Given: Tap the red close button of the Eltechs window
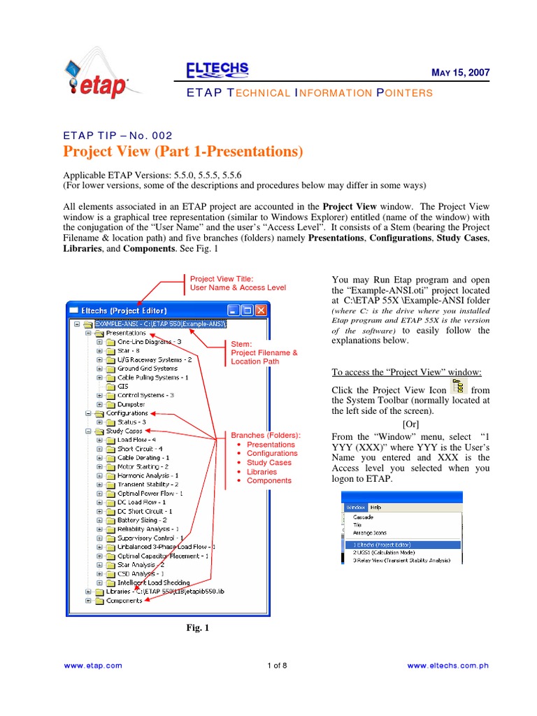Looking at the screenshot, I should [x=260, y=310].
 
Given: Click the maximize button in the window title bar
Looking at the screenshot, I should [x=247, y=310].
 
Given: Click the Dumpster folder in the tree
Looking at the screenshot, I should [x=131, y=404].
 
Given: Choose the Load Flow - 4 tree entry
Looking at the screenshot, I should [x=136, y=440].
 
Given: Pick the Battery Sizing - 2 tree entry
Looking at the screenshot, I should [x=142, y=520].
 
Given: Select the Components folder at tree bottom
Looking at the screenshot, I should [x=124, y=601].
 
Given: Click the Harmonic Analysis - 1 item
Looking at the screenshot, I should [x=148, y=475].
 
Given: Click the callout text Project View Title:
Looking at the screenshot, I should [x=222, y=278].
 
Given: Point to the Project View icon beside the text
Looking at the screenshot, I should [x=459, y=387].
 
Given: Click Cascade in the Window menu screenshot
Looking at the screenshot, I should [x=363, y=517].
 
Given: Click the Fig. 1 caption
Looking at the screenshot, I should [x=197, y=628].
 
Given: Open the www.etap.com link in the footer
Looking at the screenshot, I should [x=92, y=666].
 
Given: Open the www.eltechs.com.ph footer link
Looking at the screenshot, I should [x=447, y=666].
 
